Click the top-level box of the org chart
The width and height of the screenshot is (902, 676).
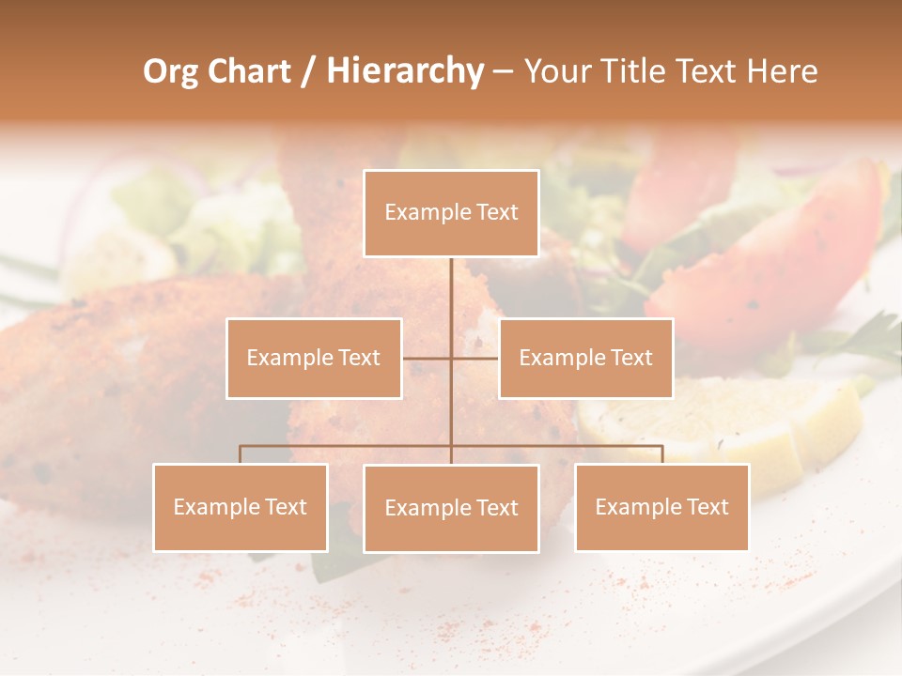tap(451, 213)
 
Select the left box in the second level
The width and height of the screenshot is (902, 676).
tap(314, 358)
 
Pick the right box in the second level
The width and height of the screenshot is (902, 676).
tap(585, 358)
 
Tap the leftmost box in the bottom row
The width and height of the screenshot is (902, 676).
tap(241, 507)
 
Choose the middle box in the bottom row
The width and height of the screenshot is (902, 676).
tap(451, 508)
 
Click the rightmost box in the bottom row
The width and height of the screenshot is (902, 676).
tap(661, 507)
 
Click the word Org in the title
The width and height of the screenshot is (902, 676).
tap(170, 71)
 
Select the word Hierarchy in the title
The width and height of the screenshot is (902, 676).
tap(404, 71)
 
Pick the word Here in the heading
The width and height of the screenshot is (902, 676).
tap(782, 71)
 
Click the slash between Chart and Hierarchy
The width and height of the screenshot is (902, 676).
tap(307, 72)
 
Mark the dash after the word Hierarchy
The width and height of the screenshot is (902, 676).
tap(503, 72)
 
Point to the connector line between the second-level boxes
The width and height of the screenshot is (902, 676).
tap(428, 358)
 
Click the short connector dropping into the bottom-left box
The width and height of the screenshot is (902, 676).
tap(241, 454)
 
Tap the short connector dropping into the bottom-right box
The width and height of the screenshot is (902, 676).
tap(662, 454)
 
